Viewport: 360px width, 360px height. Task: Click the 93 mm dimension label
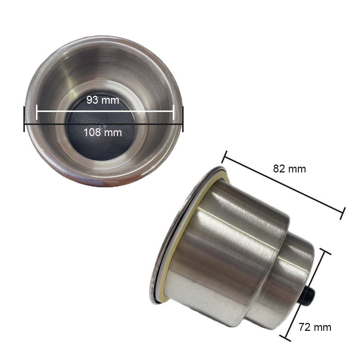103,100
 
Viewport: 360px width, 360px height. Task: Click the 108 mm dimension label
103,132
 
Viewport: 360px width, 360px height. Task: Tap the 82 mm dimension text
289,169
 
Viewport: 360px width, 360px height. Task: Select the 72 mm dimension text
315,327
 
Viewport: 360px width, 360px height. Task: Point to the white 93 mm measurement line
144,111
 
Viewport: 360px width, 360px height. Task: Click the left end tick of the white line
37,112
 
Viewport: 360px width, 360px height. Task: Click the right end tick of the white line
174,112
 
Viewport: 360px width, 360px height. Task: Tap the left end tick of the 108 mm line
24,119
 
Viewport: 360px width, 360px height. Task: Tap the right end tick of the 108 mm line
183,119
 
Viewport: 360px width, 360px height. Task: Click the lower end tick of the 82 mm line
343,213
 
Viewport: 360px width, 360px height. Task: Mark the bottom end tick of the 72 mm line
285,338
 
